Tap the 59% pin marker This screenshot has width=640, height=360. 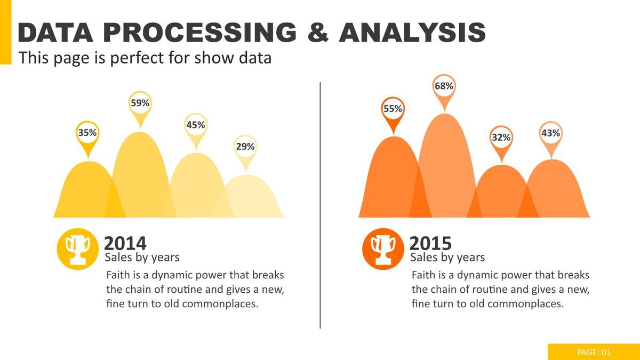tap(140, 103)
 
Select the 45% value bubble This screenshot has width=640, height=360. tap(196, 125)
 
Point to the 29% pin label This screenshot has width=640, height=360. tap(245, 147)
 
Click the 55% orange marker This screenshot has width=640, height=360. tap(393, 109)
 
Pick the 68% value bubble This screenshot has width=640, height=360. tap(444, 86)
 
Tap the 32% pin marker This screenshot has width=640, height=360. tap(501, 138)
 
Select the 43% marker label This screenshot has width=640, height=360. tap(550, 133)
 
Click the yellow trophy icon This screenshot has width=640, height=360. tap(78, 249)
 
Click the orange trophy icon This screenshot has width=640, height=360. tap(383, 249)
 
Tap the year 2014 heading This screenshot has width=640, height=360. tap(125, 243)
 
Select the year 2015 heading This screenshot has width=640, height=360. tap(430, 243)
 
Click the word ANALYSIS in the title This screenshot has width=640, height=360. tap(412, 33)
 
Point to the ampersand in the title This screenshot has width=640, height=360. tap(318, 33)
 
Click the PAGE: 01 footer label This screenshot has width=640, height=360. tap(594, 352)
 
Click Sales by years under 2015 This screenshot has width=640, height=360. tap(447, 258)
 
